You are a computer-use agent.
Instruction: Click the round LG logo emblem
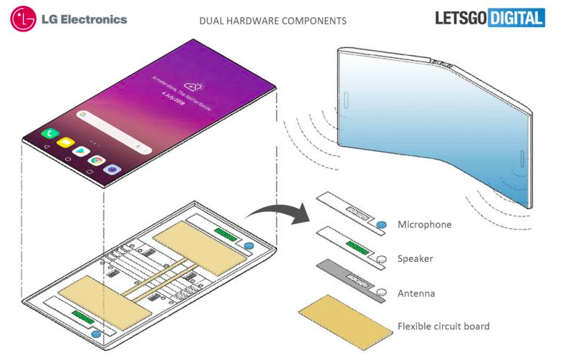[x=23, y=19]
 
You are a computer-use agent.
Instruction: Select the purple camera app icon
[x=112, y=170]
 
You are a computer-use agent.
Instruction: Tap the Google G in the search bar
[x=83, y=115]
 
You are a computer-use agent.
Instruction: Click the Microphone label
[x=424, y=225]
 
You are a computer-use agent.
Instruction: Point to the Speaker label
[x=415, y=258]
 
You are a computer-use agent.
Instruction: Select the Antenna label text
[x=416, y=293]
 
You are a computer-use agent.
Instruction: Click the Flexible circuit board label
[x=443, y=326]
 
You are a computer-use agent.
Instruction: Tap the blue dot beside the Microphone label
[x=382, y=225]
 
